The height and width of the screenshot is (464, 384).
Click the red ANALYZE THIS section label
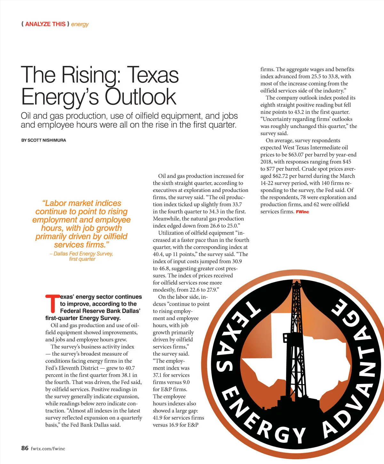tap(45, 24)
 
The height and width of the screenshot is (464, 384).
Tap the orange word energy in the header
tap(80, 24)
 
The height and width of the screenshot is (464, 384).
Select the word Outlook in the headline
tap(140, 97)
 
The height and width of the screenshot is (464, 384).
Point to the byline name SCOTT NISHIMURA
tap(47, 140)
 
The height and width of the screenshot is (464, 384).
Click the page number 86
tap(25, 448)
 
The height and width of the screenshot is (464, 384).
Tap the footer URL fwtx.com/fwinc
tap(48, 449)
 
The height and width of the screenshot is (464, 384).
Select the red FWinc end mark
tap(302, 212)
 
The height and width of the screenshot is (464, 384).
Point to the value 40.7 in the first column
tap(130, 368)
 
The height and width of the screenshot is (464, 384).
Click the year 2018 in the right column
tap(266, 162)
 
